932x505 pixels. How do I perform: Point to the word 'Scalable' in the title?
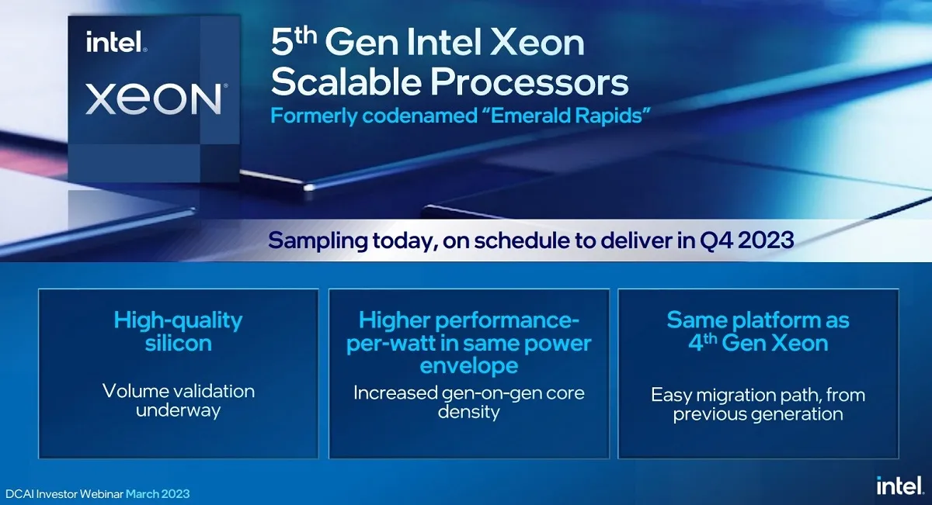click(346, 81)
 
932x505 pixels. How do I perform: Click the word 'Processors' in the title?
click(529, 81)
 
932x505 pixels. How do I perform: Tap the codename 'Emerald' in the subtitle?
click(527, 115)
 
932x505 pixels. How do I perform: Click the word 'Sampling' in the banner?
click(318, 241)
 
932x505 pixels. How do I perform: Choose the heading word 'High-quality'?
click(178, 321)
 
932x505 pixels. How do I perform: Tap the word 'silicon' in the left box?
click(178, 344)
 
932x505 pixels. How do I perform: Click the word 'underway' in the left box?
click(178, 410)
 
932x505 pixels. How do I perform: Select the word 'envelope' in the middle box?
click(469, 367)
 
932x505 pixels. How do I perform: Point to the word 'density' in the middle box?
click(469, 413)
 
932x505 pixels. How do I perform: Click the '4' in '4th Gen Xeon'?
click(695, 344)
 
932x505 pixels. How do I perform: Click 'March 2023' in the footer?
click(158, 494)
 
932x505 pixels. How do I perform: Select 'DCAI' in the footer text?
click(19, 494)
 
